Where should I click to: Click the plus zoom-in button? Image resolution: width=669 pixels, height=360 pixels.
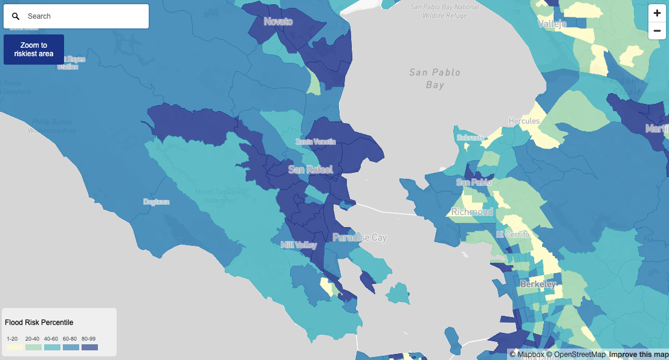pos(657,13)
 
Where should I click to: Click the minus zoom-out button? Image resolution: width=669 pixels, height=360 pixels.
pos(657,31)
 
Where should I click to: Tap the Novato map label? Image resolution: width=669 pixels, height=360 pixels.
pos(278,22)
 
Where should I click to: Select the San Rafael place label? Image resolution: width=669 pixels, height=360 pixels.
pos(310,170)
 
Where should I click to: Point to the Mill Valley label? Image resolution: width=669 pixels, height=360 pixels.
pos(299,245)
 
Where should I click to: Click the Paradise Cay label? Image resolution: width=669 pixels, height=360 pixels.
pos(360,238)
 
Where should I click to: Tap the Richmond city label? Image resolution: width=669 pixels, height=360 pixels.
pos(472,212)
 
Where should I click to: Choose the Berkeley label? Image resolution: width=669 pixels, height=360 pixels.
pos(538,284)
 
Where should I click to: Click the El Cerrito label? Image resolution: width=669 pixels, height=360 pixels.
pos(512,234)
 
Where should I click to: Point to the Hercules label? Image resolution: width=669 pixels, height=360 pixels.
pos(524,121)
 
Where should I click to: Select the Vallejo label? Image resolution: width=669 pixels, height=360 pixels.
pos(552,24)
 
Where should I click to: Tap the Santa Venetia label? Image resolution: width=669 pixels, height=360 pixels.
pos(315,141)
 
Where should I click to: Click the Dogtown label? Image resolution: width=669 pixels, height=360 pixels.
pos(156,202)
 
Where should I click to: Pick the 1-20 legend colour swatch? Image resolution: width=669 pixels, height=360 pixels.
pos(15,347)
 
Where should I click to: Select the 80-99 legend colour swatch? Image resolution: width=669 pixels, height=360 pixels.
pos(89,347)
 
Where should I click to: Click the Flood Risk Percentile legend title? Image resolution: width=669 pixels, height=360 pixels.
pos(39,323)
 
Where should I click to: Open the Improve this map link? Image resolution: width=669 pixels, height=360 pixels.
pos(638,355)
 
